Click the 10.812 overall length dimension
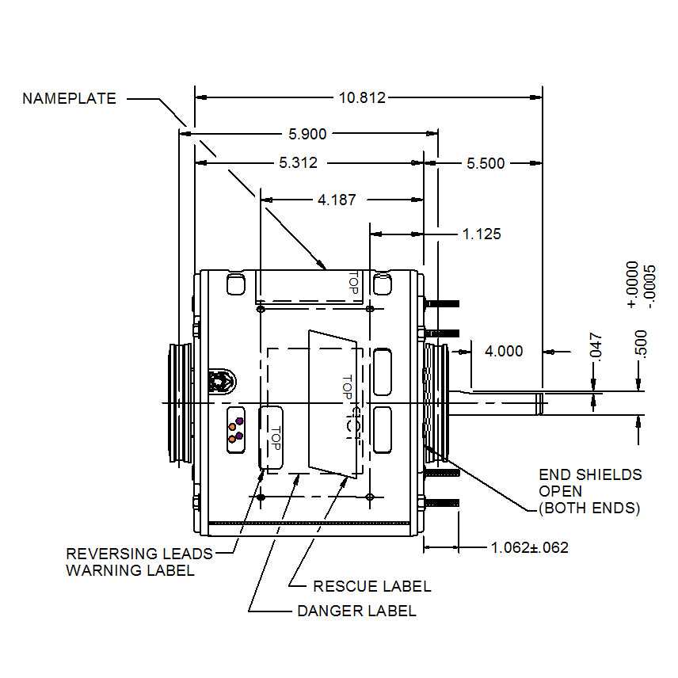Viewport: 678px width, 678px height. [362, 97]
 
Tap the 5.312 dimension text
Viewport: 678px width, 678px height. [298, 162]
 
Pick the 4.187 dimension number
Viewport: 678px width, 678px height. [337, 200]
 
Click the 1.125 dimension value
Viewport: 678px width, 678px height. [482, 234]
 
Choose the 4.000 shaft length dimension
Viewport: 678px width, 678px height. [504, 351]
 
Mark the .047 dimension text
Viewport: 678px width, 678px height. [597, 346]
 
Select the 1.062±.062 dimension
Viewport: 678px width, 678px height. [529, 547]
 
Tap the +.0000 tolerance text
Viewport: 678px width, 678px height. [632, 284]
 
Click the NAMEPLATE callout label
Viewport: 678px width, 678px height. [69, 99]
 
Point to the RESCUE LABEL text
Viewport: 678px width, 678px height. [372, 586]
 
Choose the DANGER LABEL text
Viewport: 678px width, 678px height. [356, 611]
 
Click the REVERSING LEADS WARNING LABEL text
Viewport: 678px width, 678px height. [139, 562]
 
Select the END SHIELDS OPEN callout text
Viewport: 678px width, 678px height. [589, 491]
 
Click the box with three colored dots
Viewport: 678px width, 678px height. [235, 430]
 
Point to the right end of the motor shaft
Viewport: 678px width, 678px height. [541, 404]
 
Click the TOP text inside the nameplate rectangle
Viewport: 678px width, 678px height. [354, 285]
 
